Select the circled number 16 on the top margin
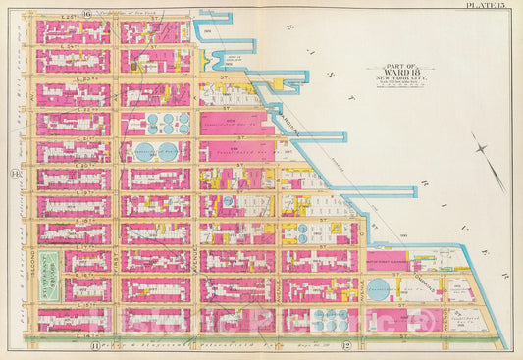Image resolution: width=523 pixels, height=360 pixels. (x=87, y=13)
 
